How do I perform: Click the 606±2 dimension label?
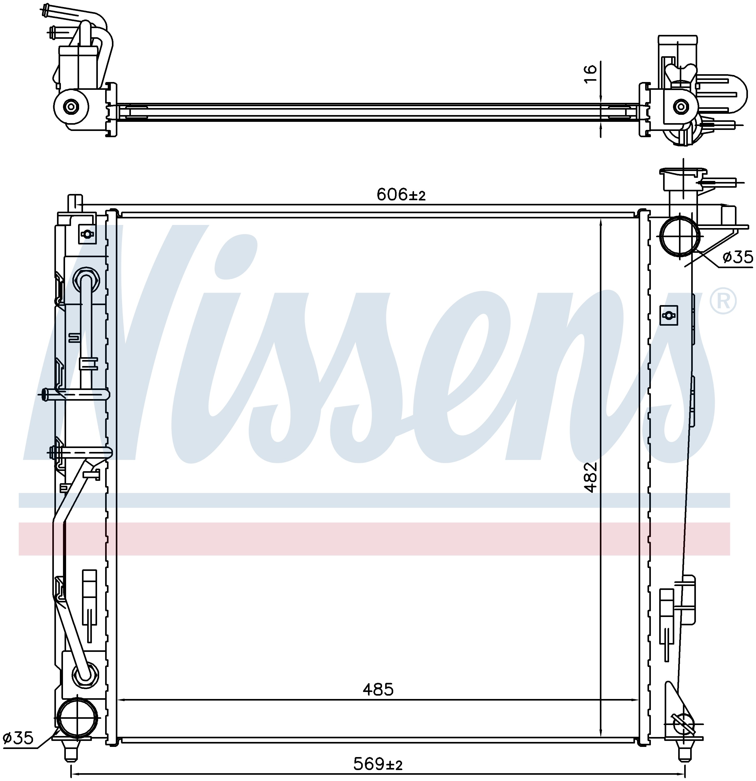point(401,195)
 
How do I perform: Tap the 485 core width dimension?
point(378,689)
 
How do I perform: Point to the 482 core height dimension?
point(592,477)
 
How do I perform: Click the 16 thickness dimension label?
point(591,74)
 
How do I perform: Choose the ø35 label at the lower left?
point(18,738)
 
